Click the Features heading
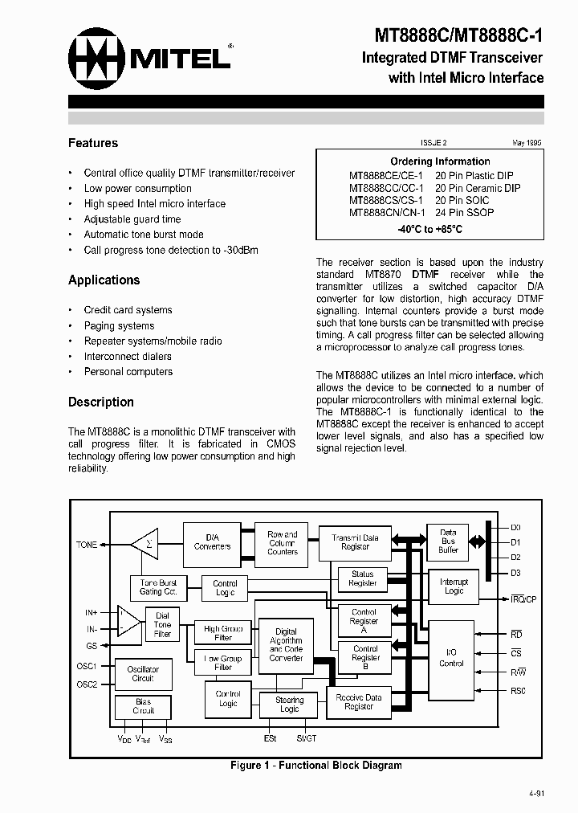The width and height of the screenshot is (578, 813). [93, 143]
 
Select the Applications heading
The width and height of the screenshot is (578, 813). [104, 280]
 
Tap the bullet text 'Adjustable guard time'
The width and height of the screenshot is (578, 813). [132, 219]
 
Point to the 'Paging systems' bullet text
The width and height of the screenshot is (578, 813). [119, 326]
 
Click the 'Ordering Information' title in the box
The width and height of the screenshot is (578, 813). [440, 161]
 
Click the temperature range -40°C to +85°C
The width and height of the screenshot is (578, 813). [429, 229]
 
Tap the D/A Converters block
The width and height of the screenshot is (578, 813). [212, 542]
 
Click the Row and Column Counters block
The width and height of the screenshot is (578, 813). [282, 543]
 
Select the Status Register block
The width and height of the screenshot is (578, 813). [362, 578]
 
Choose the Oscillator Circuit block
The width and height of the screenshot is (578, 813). [143, 673]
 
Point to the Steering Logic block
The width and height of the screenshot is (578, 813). [289, 705]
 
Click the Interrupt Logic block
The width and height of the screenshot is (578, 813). [454, 586]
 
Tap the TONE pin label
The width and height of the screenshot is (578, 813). [87, 545]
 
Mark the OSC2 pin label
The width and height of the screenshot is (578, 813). [87, 684]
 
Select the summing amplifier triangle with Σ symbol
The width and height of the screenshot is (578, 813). [145, 545]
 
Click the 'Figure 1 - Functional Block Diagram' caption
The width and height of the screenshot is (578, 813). [315, 766]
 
